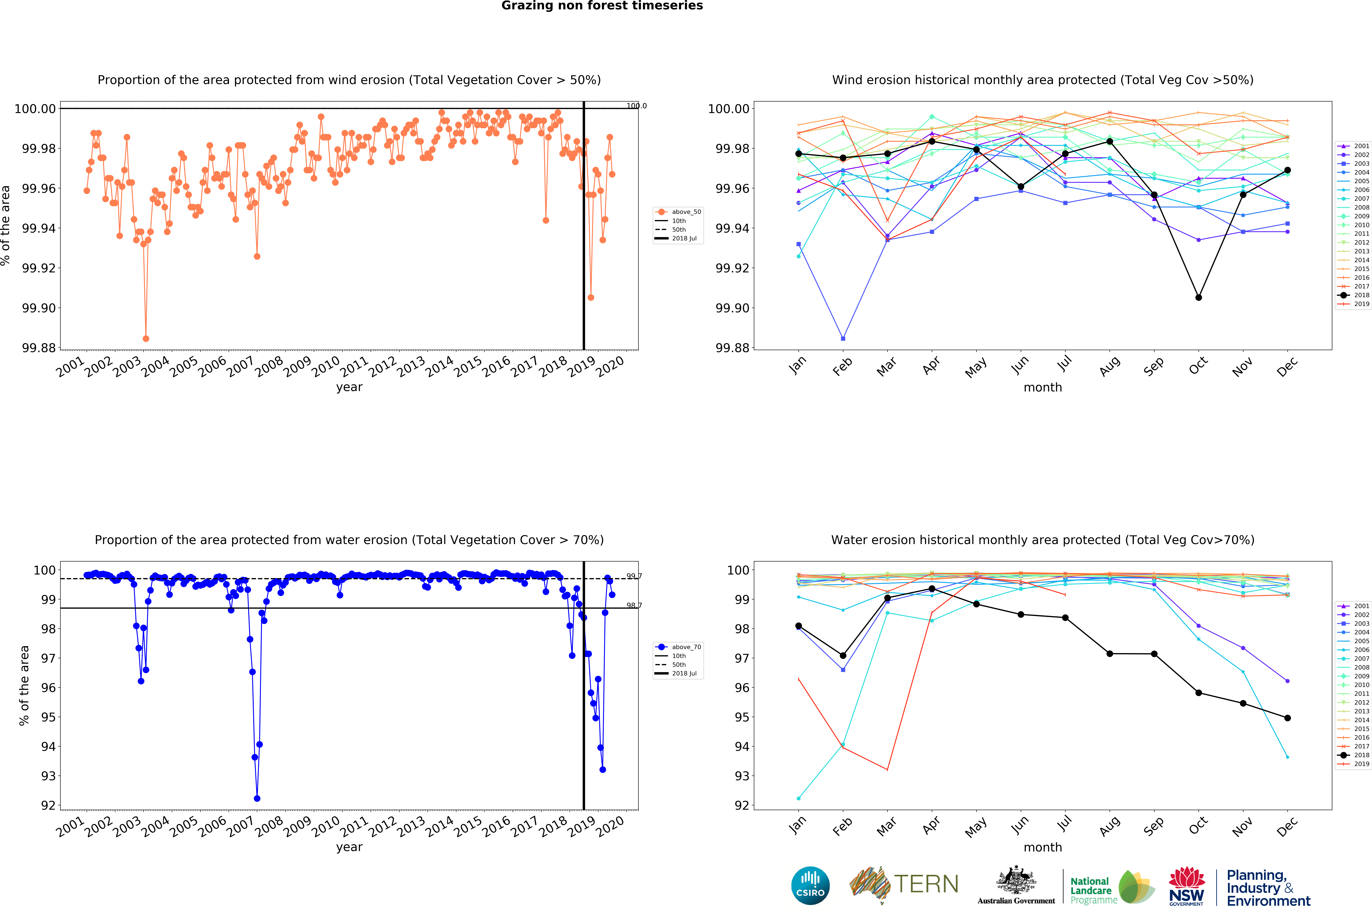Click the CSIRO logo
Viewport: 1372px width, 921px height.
(810, 885)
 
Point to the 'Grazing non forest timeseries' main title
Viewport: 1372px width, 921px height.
(602, 6)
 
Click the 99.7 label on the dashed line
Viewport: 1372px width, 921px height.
(634, 576)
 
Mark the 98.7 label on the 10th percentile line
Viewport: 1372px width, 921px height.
(634, 606)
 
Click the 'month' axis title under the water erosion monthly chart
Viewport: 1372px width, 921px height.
(1042, 847)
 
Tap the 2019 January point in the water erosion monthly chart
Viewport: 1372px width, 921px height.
(798, 679)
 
